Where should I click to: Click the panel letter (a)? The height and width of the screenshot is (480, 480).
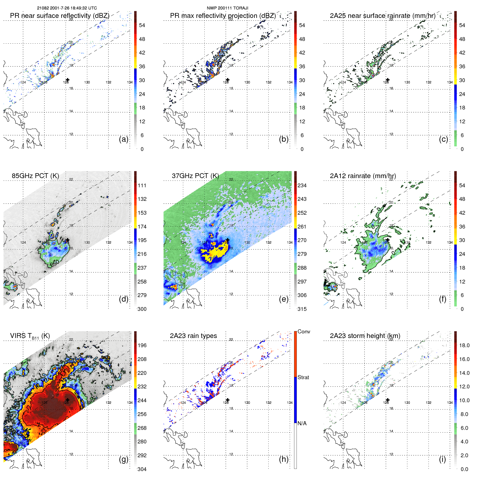(x=124, y=139)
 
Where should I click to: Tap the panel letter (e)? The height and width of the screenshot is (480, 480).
(x=284, y=299)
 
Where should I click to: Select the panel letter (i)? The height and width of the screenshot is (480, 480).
(x=442, y=459)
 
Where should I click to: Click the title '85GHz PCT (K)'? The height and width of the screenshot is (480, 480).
(x=35, y=176)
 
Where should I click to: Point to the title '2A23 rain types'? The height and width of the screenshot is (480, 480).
(x=193, y=336)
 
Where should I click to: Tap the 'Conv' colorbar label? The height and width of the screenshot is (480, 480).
(x=304, y=332)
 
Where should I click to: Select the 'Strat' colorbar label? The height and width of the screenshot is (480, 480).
(x=303, y=378)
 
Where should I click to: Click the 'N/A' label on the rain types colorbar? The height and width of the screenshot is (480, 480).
(x=302, y=423)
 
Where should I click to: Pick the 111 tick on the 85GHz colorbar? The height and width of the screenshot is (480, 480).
(x=142, y=186)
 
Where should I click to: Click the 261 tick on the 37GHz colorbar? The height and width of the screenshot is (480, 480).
(x=302, y=227)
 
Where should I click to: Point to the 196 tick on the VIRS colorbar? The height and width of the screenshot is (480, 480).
(x=142, y=346)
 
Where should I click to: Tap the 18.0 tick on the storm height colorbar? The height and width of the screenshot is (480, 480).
(x=464, y=346)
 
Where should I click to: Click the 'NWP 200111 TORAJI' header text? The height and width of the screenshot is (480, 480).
(x=227, y=8)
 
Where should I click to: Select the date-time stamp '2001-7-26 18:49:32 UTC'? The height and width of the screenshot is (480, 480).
(x=73, y=8)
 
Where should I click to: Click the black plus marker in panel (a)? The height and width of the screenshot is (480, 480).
(x=67, y=80)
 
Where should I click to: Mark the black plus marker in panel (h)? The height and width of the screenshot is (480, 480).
(x=228, y=400)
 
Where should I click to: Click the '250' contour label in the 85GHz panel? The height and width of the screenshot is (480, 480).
(x=54, y=263)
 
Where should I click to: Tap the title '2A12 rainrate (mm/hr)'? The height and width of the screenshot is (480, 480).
(x=363, y=176)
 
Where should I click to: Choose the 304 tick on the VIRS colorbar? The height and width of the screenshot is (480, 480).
(x=142, y=469)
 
